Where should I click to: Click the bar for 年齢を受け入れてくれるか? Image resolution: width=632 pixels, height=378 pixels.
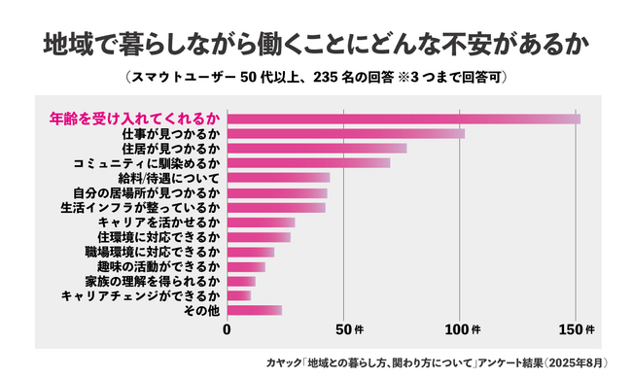point(404,120)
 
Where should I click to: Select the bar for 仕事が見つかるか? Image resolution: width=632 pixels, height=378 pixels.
point(346,134)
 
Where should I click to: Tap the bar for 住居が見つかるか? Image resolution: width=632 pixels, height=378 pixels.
point(317,149)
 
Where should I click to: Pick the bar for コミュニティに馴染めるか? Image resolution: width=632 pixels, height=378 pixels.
point(308,163)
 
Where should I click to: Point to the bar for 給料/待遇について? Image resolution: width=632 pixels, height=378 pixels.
point(278,178)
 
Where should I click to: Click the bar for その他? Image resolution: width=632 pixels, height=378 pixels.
point(255,310)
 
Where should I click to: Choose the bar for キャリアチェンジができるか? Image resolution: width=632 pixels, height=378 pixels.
point(239,295)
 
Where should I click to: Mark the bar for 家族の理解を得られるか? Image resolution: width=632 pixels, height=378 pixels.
point(241,281)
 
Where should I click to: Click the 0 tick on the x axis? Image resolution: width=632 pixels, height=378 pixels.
point(228,328)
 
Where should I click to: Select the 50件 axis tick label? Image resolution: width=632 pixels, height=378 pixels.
point(347,328)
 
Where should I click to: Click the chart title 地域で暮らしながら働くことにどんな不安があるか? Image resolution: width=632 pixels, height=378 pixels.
point(316,47)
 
